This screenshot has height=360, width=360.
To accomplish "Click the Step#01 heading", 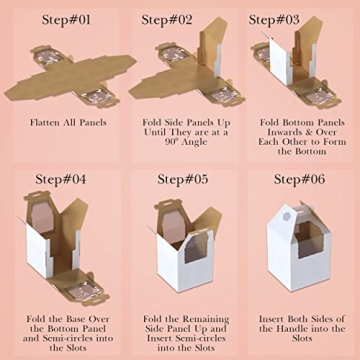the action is (66, 20).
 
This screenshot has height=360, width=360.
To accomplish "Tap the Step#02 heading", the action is (167, 20).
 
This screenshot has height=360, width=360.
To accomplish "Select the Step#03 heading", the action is (274, 20).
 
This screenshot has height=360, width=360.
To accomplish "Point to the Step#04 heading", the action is (61, 179).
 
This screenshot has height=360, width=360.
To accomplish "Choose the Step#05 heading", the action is (183, 179).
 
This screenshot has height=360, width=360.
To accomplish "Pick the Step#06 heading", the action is (299, 179).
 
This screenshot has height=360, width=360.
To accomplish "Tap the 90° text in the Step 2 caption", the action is (172, 142).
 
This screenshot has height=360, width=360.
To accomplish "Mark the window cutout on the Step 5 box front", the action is (199, 247).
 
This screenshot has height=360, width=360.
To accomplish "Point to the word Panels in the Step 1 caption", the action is (93, 123).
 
